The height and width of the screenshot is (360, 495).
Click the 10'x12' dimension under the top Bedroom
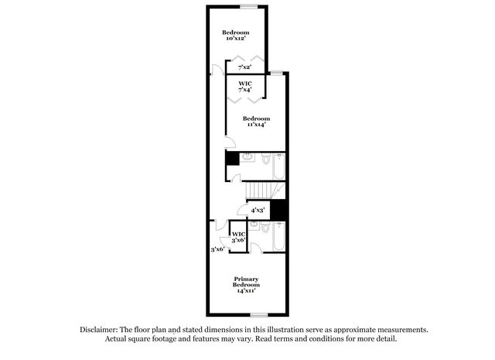click(x=236, y=38)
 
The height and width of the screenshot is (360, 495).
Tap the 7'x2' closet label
click(x=244, y=67)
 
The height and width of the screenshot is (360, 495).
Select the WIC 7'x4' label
click(x=245, y=86)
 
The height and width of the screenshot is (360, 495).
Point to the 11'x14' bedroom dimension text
click(x=256, y=125)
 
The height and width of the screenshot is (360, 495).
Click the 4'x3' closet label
click(x=258, y=210)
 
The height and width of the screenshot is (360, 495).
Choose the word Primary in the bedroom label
click(x=246, y=279)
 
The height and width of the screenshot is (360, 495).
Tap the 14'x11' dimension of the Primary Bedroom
click(x=246, y=290)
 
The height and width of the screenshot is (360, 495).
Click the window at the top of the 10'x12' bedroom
click(x=249, y=6)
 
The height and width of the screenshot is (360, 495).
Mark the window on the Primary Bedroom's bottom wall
click(x=259, y=315)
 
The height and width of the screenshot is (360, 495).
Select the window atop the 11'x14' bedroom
click(x=277, y=73)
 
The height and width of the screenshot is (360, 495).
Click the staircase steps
click(x=258, y=190)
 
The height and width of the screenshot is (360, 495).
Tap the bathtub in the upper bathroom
click(x=278, y=166)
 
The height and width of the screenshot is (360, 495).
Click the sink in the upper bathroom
click(x=247, y=157)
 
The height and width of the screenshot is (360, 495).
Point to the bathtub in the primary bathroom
click(x=278, y=236)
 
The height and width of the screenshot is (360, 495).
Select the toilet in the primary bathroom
click(x=265, y=227)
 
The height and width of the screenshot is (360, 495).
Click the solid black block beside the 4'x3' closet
click(x=278, y=210)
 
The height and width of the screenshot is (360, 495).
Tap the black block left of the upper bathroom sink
click(x=233, y=158)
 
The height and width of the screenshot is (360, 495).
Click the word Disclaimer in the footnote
click(x=99, y=330)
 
